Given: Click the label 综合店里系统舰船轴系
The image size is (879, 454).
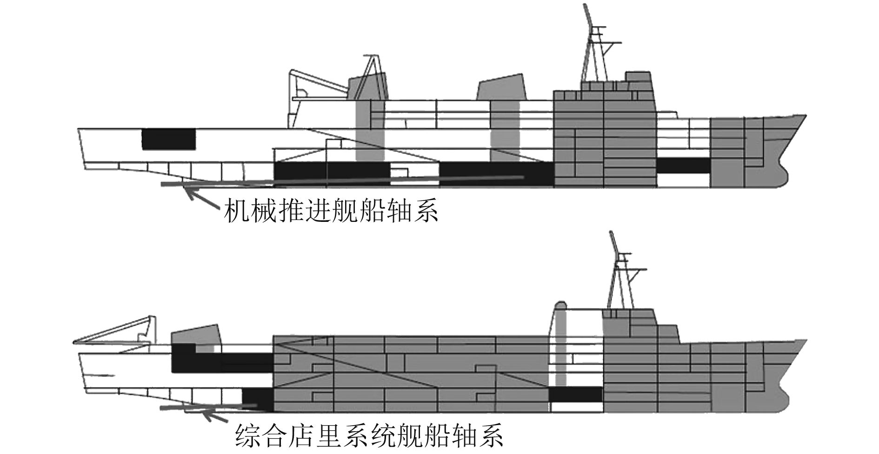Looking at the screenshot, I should (370, 435).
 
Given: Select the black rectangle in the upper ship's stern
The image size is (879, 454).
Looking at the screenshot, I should (168, 139).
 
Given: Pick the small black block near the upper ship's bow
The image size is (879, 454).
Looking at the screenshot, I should (683, 166).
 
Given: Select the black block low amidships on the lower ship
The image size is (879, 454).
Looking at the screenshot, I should (575, 394).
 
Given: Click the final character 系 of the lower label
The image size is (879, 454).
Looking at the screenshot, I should (491, 435).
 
